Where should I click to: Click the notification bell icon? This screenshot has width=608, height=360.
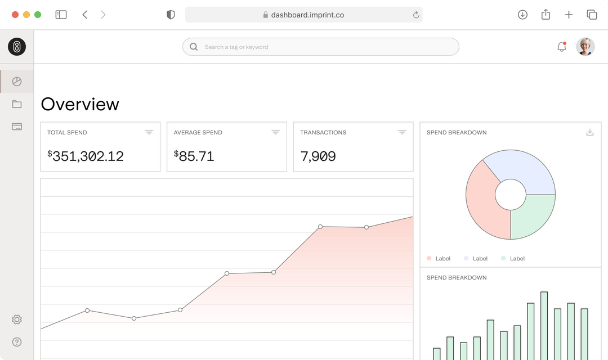click(x=561, y=47)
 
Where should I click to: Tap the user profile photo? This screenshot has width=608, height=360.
click(x=585, y=47)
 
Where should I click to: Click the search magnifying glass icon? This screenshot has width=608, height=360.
click(x=194, y=47)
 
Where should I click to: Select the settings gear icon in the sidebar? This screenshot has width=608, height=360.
click(x=17, y=319)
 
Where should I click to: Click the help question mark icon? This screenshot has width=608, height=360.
click(x=17, y=342)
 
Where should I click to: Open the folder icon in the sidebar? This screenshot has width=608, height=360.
click(x=17, y=104)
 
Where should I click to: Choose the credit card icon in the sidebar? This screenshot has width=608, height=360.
click(x=17, y=127)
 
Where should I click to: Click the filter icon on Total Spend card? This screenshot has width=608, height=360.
click(x=149, y=132)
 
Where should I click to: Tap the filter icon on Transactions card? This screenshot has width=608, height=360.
click(x=402, y=132)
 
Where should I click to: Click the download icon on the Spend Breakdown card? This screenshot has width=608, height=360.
click(x=590, y=132)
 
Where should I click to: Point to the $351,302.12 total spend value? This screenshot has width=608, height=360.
click(x=86, y=156)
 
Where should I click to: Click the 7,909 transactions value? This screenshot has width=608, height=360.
click(x=318, y=156)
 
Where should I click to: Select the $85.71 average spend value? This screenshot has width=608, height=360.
click(x=194, y=156)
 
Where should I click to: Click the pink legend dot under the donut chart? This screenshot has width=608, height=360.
click(x=429, y=258)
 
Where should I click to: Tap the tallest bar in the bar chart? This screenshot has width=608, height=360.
click(x=544, y=326)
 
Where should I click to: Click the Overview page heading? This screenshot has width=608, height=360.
click(x=80, y=104)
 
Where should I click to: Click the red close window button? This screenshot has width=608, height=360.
click(x=15, y=15)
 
